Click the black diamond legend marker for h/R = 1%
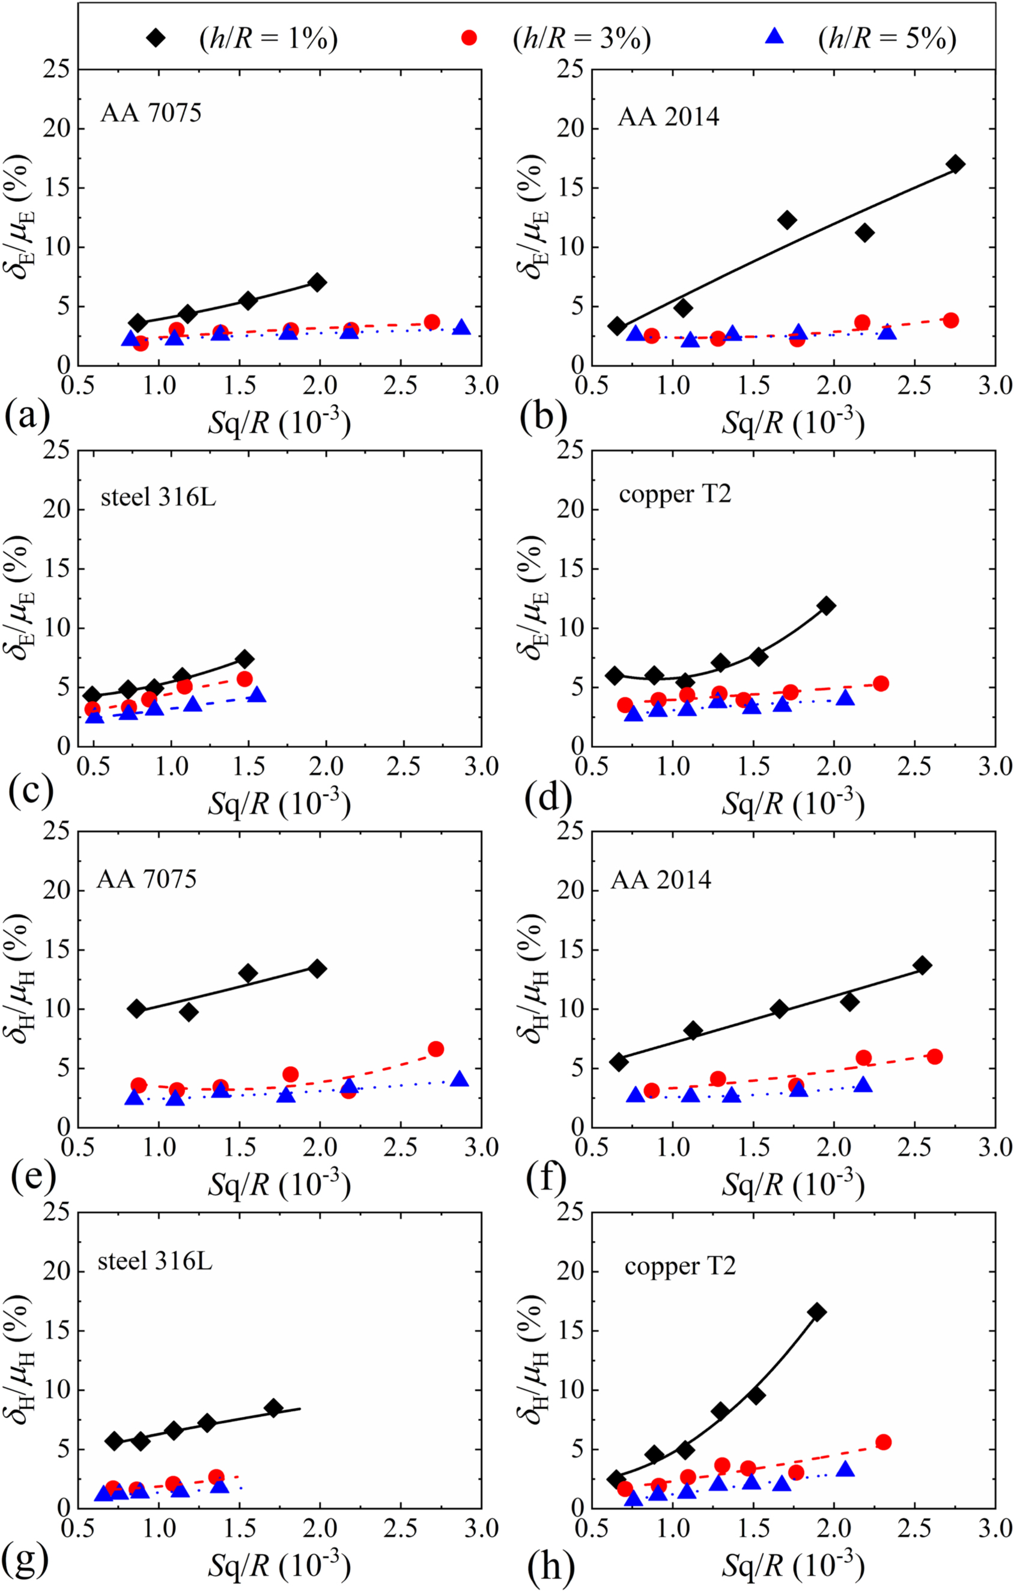(x=156, y=38)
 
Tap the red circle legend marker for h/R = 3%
(x=469, y=38)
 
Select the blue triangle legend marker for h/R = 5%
(x=774, y=38)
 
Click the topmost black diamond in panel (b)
(x=955, y=164)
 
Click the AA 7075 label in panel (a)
(x=151, y=114)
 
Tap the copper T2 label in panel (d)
(x=675, y=494)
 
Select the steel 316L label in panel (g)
(x=156, y=1262)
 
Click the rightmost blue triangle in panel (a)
(x=461, y=327)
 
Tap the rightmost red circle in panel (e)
(x=436, y=1049)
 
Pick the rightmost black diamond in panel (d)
(x=825, y=606)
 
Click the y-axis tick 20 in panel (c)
(x=58, y=509)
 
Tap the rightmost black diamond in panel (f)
(x=922, y=965)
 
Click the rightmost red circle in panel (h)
(x=883, y=1442)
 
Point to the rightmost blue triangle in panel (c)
(x=257, y=695)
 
